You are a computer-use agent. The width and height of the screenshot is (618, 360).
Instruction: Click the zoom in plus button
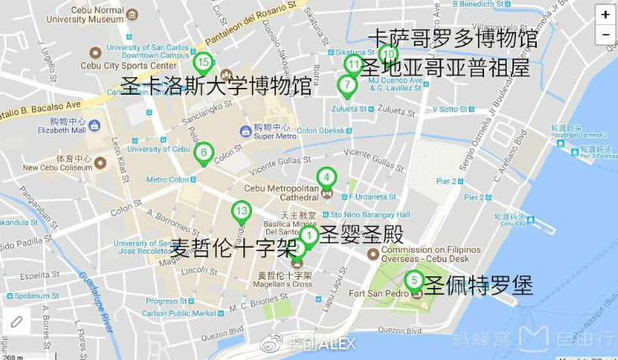click(x=605, y=14)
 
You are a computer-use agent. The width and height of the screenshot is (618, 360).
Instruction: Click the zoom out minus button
click(x=605, y=34)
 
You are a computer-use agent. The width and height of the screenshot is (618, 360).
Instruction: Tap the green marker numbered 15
click(x=202, y=62)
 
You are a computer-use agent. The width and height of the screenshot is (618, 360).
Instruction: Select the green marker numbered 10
click(x=387, y=54)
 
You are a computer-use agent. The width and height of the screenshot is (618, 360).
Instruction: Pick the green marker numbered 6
click(x=203, y=153)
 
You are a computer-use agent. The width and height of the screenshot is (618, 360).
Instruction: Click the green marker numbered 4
click(x=327, y=177)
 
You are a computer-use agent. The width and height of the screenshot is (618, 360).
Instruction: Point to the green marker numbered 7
click(x=346, y=85)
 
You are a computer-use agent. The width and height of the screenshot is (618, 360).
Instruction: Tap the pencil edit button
click(x=16, y=322)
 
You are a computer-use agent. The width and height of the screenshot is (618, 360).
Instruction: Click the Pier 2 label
click(x=473, y=198)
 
